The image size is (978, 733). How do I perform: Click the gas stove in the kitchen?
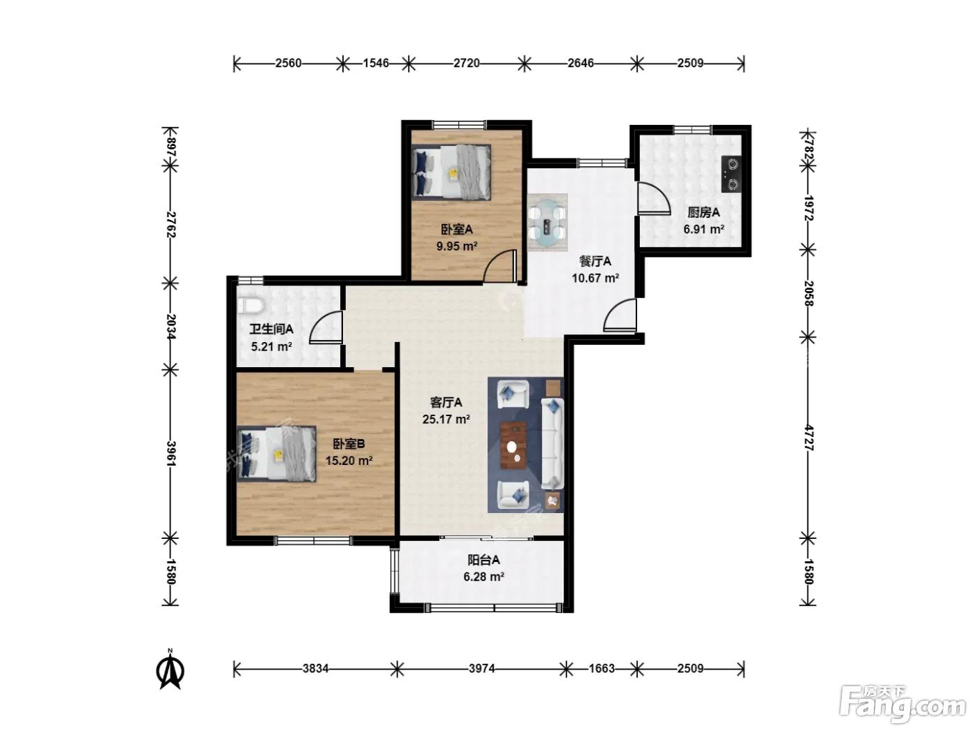(731, 174)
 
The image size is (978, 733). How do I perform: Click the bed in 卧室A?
(451, 172)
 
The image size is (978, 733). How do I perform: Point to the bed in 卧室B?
(276, 454)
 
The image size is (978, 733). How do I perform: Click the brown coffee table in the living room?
(513, 445)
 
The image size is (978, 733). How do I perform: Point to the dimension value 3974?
(481, 669)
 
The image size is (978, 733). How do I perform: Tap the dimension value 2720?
(467, 64)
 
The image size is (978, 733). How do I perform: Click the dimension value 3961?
(171, 454)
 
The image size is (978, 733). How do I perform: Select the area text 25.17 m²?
(446, 420)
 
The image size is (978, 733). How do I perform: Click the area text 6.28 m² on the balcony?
(484, 577)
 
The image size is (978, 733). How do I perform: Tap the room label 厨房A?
(703, 213)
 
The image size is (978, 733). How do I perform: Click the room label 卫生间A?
(271, 330)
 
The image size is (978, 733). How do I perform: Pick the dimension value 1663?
(601, 669)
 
